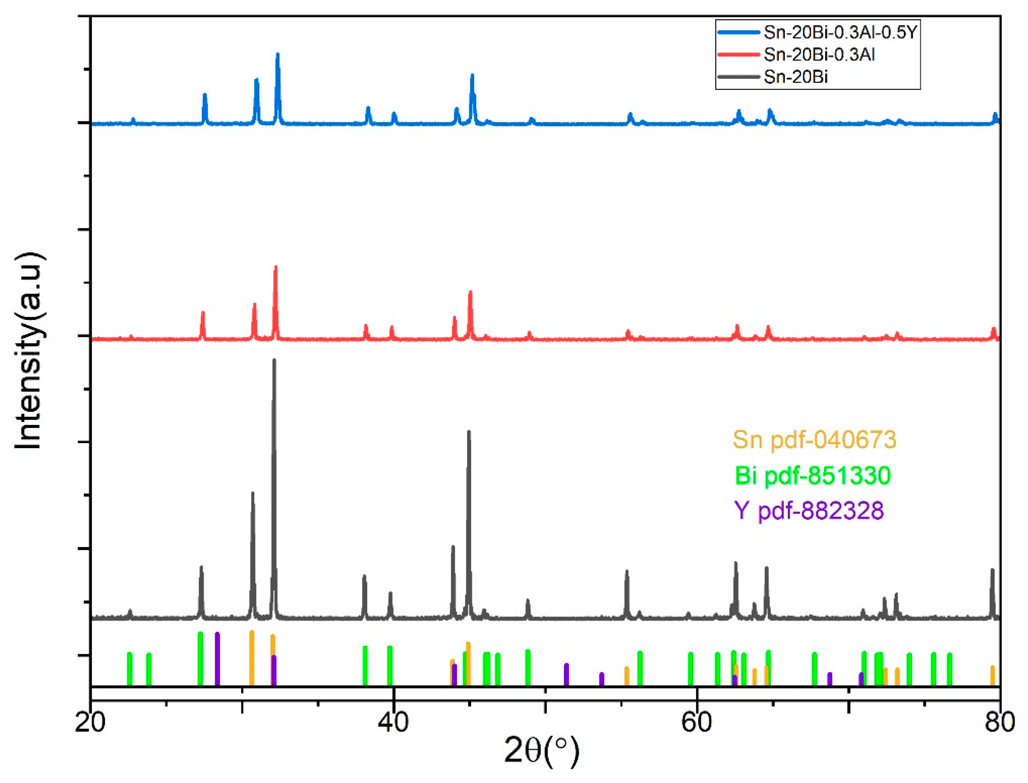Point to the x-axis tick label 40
coord(394,722)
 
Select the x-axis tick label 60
coord(697,722)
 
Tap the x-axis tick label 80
coord(1000,722)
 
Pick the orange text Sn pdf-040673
coord(814,439)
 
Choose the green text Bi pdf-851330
coord(813,475)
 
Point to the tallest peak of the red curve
coord(276,267)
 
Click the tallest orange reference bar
coord(251,658)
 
